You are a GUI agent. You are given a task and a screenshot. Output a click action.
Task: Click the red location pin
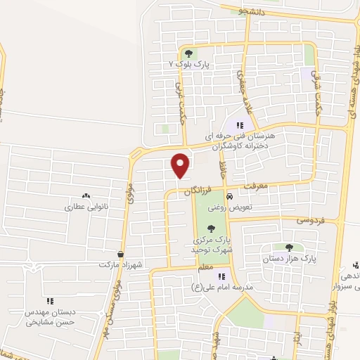[181, 165]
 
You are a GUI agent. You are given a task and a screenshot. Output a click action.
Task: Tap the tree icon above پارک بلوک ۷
[188, 53]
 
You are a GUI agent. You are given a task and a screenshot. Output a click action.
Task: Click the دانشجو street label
[252, 11]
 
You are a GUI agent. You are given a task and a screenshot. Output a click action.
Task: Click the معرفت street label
[257, 187]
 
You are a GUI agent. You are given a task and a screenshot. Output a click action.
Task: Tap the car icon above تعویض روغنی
[229, 197]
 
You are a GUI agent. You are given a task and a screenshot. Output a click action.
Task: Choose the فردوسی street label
[311, 219]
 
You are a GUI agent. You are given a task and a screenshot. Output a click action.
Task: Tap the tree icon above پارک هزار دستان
[289, 247]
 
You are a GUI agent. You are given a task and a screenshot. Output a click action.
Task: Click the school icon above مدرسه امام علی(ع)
[222, 276]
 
